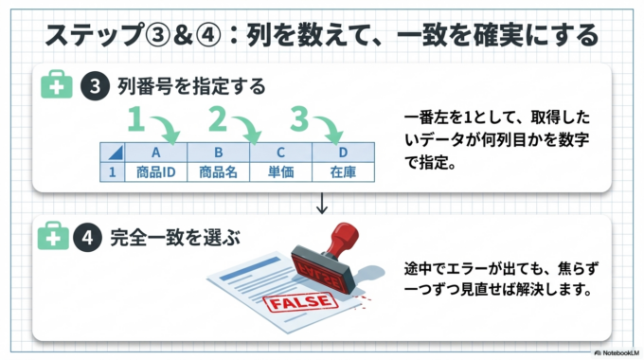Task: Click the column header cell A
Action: [x=156, y=153]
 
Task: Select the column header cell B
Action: [x=218, y=153]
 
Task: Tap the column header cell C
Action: [x=280, y=153]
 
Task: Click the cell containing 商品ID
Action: [x=156, y=172]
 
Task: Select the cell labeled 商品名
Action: [x=218, y=172]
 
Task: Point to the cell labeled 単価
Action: [x=280, y=172]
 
